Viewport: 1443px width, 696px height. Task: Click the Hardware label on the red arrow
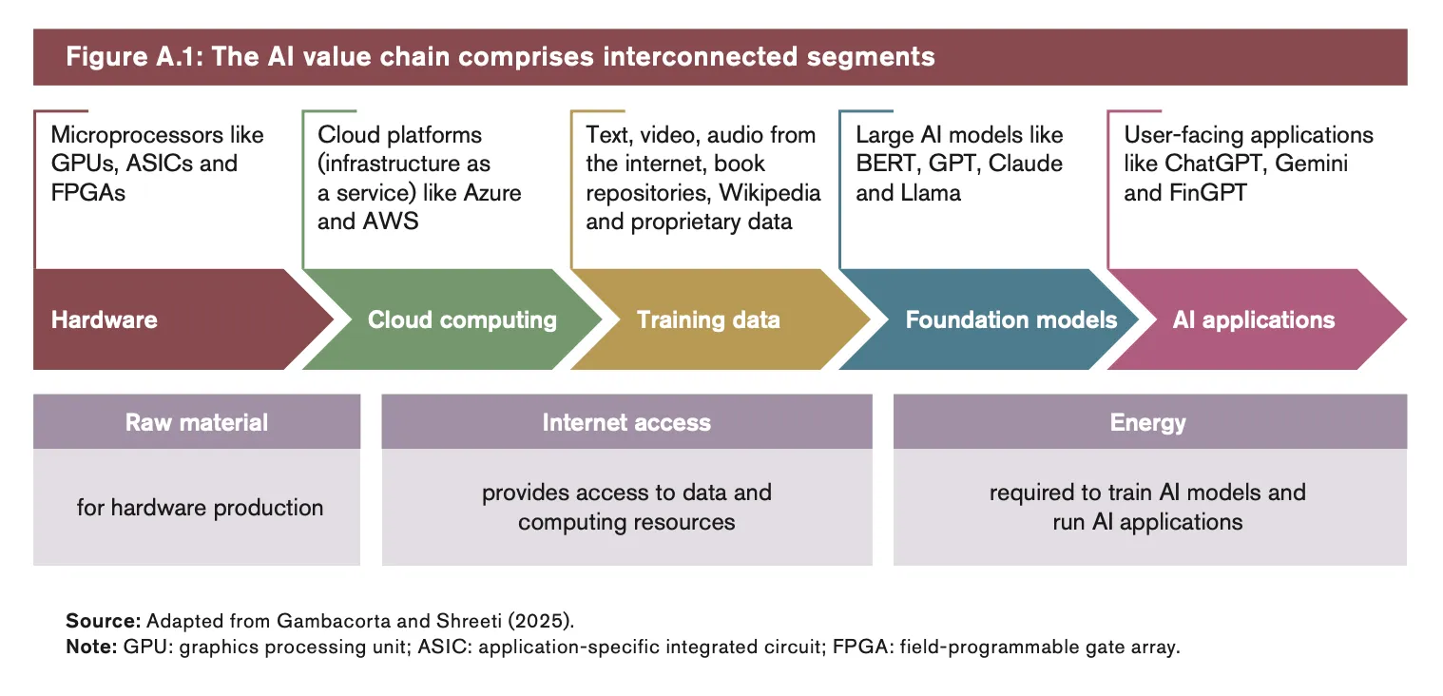[105, 319]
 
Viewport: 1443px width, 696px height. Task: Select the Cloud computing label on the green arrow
[462, 319]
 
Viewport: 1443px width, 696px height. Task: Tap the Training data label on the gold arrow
[708, 319]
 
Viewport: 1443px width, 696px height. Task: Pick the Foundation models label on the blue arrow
[1010, 319]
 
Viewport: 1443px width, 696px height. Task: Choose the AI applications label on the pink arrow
[1253, 319]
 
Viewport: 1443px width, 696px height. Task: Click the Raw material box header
[197, 422]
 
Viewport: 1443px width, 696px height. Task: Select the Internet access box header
[626, 422]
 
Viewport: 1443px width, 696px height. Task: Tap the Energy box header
[1148, 422]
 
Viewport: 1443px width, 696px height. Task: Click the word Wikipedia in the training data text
[769, 193]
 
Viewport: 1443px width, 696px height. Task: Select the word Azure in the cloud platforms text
[491, 193]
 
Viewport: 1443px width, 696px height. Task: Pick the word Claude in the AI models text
[1025, 164]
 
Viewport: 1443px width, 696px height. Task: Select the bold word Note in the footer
[91, 648]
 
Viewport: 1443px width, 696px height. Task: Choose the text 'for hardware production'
[200, 508]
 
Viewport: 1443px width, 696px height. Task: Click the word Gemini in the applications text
[1311, 164]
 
